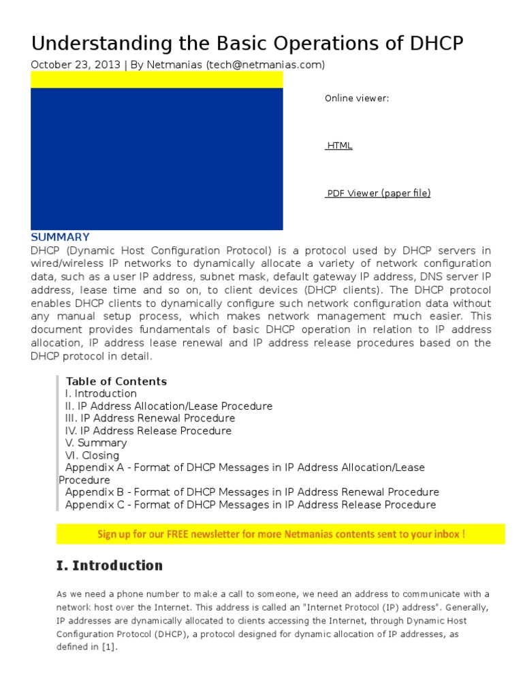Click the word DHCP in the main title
436,44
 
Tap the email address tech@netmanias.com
259,65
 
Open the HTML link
339,146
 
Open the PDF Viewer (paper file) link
378,193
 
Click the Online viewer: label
357,99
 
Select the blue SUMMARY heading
60,237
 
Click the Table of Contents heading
116,381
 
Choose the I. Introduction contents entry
101,393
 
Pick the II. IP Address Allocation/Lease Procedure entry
168,406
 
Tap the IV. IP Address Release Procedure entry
148,431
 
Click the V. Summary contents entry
96,443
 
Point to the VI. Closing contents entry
92,455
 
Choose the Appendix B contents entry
252,492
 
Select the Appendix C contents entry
251,504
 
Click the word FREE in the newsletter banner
179,534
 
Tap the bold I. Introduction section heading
109,566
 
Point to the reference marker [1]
109,647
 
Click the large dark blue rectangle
157,159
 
